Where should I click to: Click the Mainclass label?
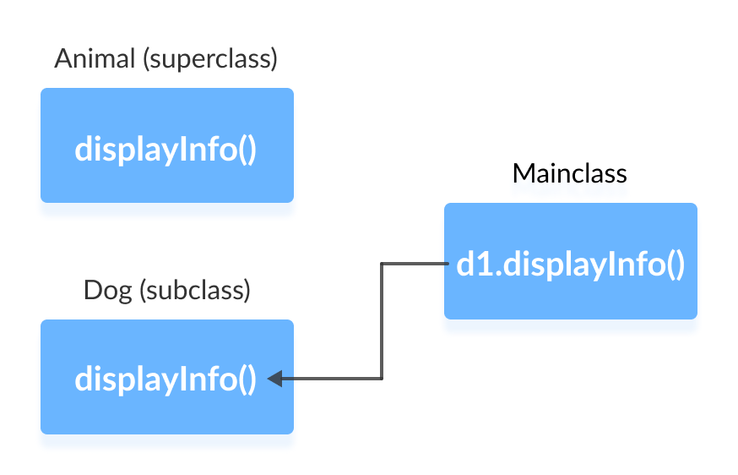click(x=569, y=173)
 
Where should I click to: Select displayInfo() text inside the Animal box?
click(x=166, y=150)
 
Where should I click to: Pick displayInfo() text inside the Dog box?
click(x=166, y=379)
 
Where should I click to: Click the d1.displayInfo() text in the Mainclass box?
click(x=570, y=265)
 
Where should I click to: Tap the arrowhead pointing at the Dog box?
click(x=274, y=379)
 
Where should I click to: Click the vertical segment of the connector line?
click(x=382, y=321)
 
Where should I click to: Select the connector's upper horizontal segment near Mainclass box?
click(x=414, y=264)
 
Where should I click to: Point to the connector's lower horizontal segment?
click(x=334, y=379)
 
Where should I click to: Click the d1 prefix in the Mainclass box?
click(x=469, y=265)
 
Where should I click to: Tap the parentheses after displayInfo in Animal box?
click(x=246, y=150)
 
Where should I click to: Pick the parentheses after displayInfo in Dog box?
click(x=246, y=379)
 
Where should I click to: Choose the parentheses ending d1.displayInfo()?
click(x=674, y=265)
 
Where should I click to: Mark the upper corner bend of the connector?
click(x=382, y=264)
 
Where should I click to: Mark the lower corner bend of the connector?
click(x=382, y=379)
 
